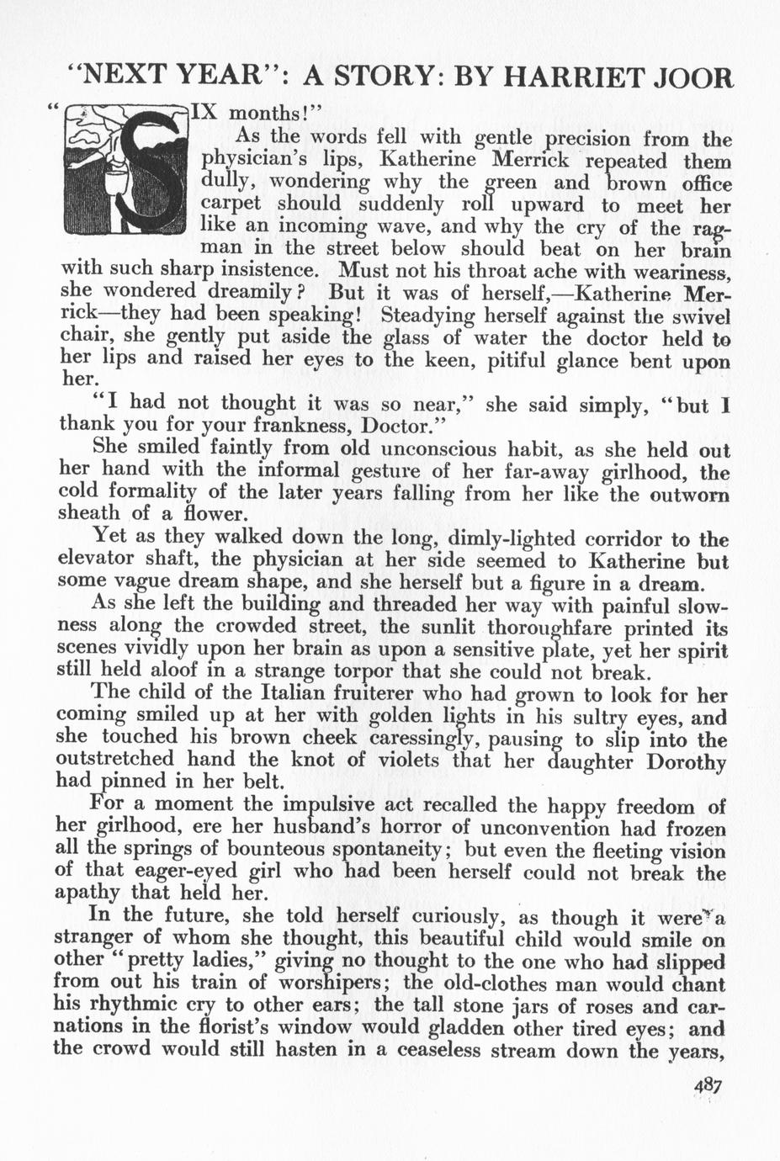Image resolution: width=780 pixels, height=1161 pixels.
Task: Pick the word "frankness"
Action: tap(290, 424)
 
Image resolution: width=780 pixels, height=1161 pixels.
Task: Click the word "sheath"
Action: tap(85, 513)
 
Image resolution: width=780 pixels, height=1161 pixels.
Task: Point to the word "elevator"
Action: tap(93, 559)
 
